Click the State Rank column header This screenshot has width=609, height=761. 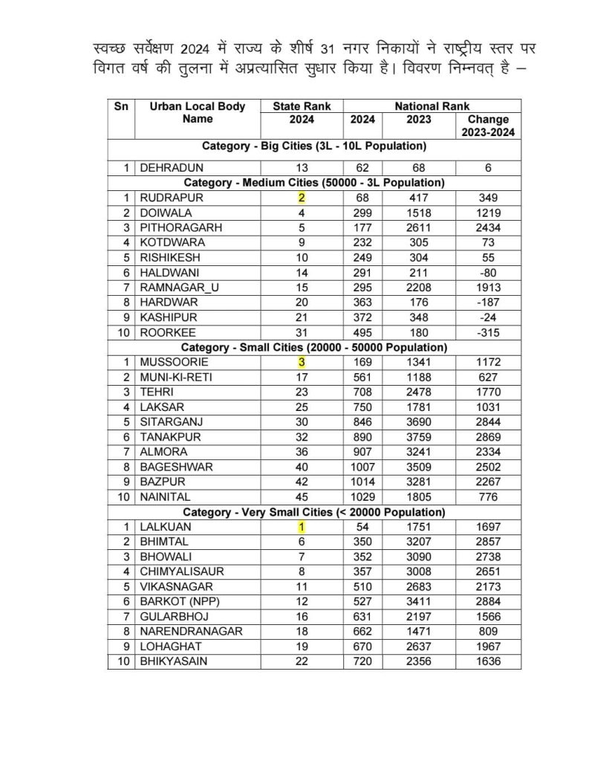click(302, 106)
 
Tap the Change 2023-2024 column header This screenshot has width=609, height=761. click(488, 126)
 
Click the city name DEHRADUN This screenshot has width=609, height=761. click(172, 168)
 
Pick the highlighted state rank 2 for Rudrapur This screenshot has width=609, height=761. click(302, 198)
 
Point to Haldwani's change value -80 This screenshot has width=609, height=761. click(488, 272)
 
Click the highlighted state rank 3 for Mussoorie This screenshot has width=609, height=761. click(302, 362)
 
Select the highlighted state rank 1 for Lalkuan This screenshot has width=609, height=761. click(302, 527)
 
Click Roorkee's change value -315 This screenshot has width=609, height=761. click(488, 332)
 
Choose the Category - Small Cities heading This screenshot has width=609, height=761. click(315, 347)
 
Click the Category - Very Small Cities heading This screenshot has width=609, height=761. click(315, 512)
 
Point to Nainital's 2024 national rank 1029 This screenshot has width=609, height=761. click(363, 496)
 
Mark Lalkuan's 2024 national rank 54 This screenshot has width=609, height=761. click(363, 527)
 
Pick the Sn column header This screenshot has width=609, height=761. click(121, 106)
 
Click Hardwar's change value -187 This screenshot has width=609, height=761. click(488, 302)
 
